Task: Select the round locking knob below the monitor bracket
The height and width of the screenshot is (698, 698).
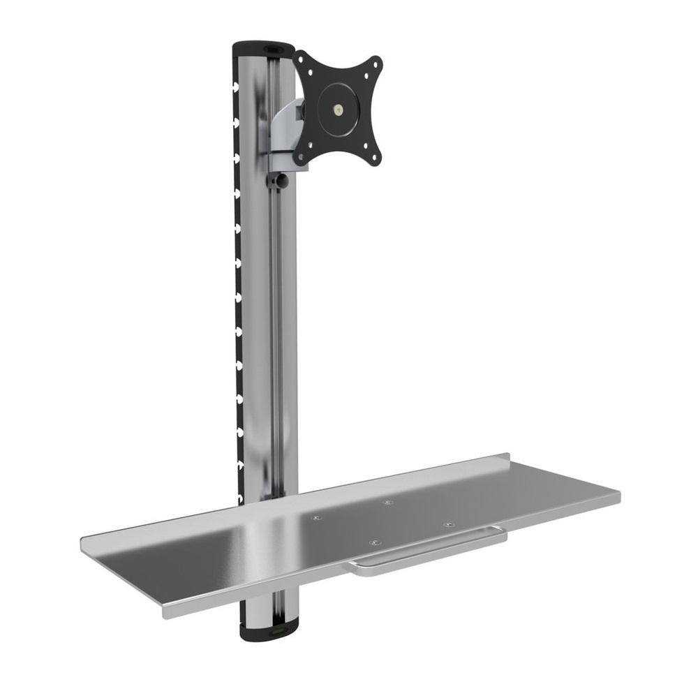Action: click(281, 181)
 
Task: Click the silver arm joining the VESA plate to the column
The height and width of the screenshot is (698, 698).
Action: click(288, 126)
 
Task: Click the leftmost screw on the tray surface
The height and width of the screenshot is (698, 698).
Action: click(317, 517)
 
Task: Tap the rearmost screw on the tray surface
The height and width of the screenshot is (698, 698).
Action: click(389, 502)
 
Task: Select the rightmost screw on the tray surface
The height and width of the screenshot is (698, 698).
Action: click(447, 523)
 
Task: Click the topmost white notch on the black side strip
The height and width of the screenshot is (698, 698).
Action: click(237, 87)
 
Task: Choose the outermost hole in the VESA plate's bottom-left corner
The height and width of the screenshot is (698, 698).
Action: click(300, 159)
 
